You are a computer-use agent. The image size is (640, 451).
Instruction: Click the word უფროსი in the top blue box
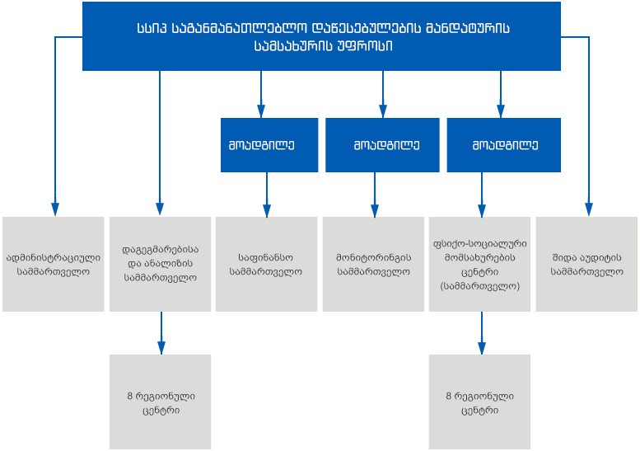tap(365, 45)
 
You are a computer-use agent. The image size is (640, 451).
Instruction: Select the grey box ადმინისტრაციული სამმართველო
tap(53, 265)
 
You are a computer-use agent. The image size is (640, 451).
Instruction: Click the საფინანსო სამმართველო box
tap(267, 265)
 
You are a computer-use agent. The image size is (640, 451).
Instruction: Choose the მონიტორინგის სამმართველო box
tap(373, 265)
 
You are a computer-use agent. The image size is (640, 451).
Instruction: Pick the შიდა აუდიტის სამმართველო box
tap(586, 265)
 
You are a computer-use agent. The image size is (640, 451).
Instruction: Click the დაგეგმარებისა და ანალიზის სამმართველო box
tap(160, 265)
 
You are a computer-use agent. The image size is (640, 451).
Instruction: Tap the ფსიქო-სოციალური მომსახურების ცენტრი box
tap(479, 265)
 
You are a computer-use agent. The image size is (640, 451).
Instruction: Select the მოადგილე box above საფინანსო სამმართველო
tap(269, 145)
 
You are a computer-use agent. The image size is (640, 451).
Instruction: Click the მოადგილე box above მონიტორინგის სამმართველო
tap(382, 145)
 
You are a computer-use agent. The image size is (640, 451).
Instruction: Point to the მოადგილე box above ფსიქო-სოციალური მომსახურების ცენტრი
tap(503, 145)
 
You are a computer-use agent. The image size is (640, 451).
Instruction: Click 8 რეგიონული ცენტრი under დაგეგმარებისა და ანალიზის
tap(160, 402)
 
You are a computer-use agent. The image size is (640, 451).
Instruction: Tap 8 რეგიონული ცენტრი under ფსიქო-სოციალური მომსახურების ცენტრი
tap(479, 402)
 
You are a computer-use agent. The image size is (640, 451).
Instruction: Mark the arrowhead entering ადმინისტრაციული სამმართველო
tap(55, 209)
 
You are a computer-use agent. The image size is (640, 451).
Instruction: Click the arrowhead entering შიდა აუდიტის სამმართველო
tap(589, 209)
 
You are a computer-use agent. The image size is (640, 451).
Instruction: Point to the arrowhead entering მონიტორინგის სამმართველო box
tap(375, 211)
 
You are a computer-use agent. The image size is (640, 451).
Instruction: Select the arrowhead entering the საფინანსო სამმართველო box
tap(267, 211)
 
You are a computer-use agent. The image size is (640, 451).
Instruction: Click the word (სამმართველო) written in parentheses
tap(480, 286)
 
